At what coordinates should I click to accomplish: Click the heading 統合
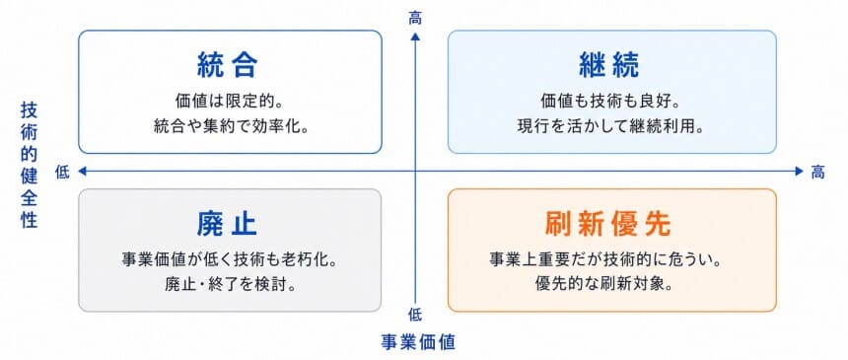[228, 65]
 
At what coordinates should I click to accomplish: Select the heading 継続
[609, 65]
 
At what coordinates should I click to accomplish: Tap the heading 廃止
[228, 224]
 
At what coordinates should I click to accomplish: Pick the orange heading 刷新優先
[608, 224]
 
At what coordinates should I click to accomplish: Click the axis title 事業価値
[418, 342]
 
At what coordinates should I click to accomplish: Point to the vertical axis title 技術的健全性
[30, 165]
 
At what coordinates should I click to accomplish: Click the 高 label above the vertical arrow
[415, 19]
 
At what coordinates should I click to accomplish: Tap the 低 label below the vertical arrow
[415, 315]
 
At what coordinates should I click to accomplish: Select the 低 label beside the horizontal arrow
[62, 173]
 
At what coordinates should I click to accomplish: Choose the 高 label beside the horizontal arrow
[817, 173]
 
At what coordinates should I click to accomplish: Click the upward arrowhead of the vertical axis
[415, 36]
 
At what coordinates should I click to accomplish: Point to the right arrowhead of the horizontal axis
[800, 172]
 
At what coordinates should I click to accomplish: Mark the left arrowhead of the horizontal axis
[83, 172]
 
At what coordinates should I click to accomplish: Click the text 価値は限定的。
[230, 101]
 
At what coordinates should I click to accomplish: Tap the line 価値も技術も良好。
[610, 101]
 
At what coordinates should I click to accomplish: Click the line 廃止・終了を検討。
[230, 285]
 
